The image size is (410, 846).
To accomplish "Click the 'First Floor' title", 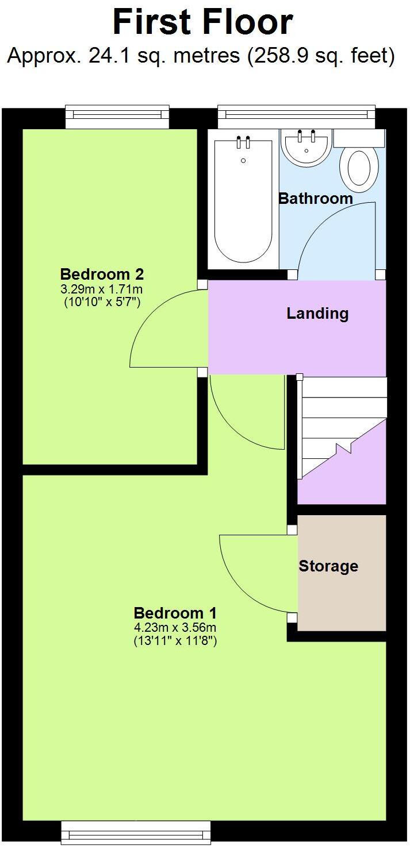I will coord(203,23).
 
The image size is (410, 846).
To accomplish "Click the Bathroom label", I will coord(315,199).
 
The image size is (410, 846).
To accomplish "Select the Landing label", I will coord(317,314).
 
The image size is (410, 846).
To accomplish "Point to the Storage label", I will coord(328,566).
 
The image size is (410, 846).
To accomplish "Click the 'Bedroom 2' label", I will coord(102,273).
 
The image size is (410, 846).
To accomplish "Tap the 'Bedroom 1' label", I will coord(175,612).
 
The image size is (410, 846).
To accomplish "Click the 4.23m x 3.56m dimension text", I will coord(175,627).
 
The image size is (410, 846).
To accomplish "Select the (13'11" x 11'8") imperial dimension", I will coord(175,641).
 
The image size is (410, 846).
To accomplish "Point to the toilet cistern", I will coord(359,138).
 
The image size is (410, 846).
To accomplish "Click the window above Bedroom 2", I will coord(117,117).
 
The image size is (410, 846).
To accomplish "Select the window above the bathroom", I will coord(296,117).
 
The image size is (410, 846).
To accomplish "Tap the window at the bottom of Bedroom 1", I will coord(136,833).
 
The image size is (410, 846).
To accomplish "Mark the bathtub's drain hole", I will coord(243,160).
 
